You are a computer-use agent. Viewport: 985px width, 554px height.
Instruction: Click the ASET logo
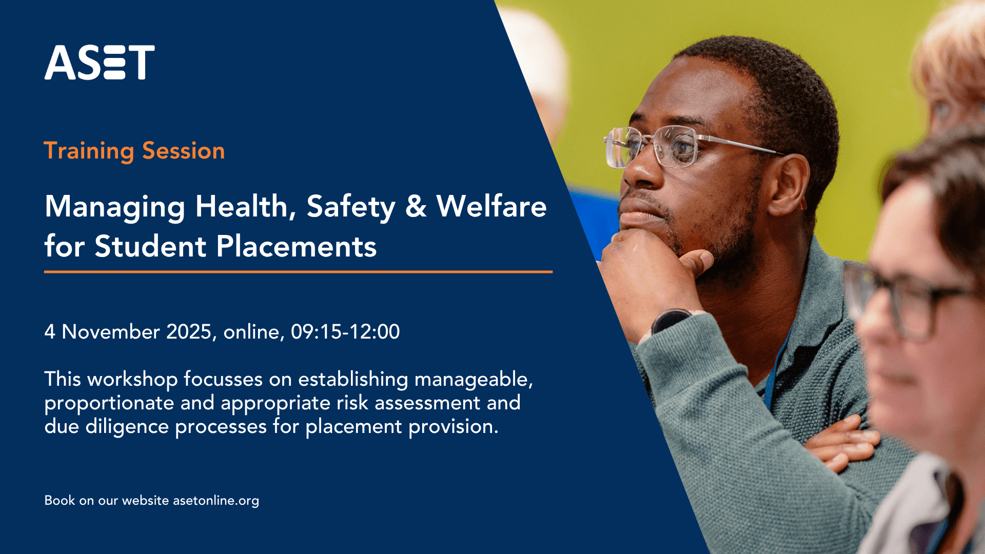(100, 63)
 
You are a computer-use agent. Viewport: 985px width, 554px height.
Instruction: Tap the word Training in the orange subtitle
(89, 151)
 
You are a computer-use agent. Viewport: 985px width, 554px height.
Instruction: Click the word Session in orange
(183, 151)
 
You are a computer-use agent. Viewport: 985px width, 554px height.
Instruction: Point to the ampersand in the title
(416, 207)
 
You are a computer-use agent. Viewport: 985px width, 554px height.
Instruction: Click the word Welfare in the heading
(491, 207)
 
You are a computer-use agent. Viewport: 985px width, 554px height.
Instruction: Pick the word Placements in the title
(296, 247)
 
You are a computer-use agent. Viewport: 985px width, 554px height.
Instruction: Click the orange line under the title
(298, 272)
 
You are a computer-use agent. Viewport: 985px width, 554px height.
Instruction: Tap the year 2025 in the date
(189, 332)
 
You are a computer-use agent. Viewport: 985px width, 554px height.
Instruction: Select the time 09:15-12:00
(345, 332)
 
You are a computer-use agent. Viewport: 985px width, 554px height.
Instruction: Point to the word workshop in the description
(132, 380)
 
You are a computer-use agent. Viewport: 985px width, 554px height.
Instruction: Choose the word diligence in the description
(127, 427)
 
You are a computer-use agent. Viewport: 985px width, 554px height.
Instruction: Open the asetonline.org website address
(216, 501)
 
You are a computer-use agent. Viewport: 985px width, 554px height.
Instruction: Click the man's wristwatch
(669, 321)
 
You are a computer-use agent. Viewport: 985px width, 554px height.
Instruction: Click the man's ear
(787, 185)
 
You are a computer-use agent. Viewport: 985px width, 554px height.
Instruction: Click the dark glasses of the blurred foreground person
(903, 303)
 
